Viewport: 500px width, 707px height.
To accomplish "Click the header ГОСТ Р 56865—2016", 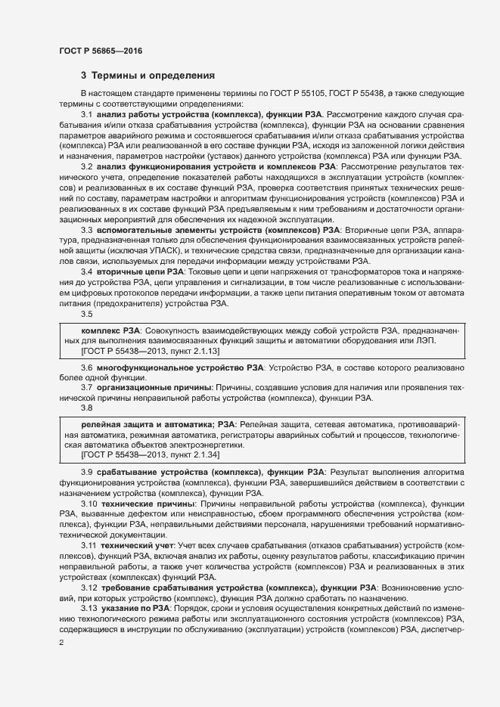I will click(100, 51).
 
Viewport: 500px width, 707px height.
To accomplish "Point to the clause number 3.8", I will click(86, 408).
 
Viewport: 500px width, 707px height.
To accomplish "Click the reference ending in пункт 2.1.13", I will click(134, 352).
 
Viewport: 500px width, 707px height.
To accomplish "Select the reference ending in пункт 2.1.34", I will click(134, 455).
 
